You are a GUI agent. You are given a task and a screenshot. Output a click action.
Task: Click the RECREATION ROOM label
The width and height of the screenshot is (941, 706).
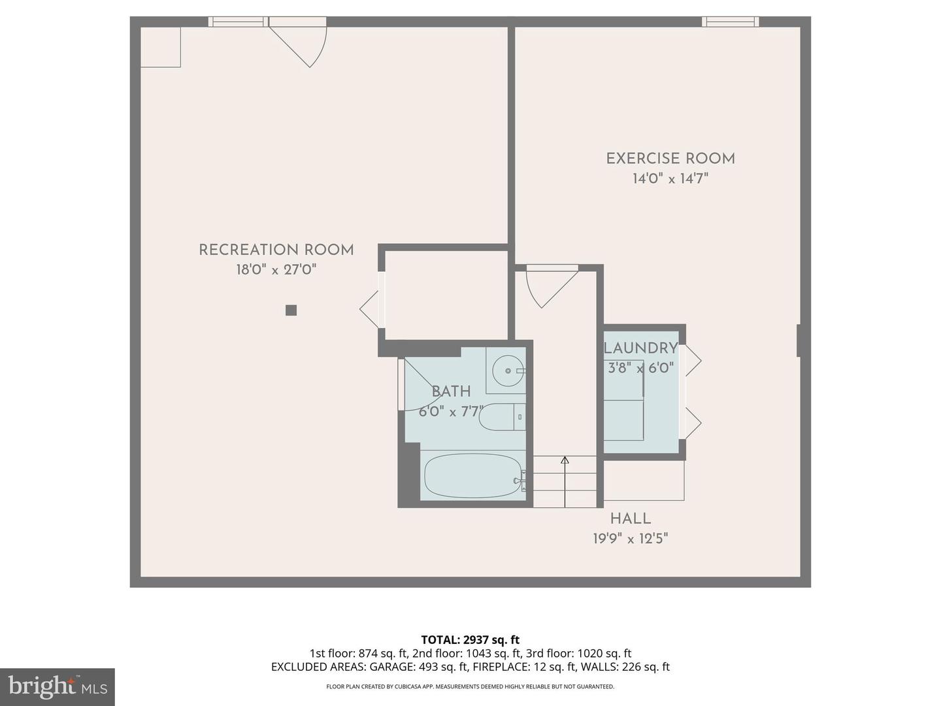point(276,250)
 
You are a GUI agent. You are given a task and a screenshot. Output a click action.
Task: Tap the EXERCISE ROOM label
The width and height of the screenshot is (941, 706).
point(670,159)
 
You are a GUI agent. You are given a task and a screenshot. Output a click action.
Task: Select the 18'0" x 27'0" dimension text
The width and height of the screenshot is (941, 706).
point(276,269)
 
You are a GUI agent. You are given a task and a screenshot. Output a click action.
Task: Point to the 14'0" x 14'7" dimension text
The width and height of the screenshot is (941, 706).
point(670,178)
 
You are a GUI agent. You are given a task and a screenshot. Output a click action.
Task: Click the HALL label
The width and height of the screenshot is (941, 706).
point(630,519)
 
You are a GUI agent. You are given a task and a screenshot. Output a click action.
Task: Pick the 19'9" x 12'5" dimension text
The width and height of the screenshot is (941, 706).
point(630,539)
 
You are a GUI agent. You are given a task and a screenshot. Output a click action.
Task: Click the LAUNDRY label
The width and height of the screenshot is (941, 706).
point(640,348)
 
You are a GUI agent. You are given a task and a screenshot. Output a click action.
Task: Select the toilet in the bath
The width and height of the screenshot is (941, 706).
point(502,417)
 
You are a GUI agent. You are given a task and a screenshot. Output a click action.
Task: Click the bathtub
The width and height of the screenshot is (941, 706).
point(472,476)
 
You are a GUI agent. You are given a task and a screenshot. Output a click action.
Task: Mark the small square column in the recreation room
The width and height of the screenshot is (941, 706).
point(291,311)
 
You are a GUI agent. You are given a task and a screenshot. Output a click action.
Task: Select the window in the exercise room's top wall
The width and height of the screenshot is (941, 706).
point(730,22)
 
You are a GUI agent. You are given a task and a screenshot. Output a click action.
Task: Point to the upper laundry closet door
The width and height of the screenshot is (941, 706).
point(691,361)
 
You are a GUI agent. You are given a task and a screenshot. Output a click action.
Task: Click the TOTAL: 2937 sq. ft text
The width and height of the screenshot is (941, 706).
point(470,640)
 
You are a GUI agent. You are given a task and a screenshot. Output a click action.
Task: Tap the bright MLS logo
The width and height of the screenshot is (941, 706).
point(58,686)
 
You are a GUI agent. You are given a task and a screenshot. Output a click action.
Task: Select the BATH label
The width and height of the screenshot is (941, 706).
point(451,392)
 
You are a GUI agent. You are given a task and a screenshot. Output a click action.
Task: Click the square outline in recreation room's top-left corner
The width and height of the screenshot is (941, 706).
point(161,46)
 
